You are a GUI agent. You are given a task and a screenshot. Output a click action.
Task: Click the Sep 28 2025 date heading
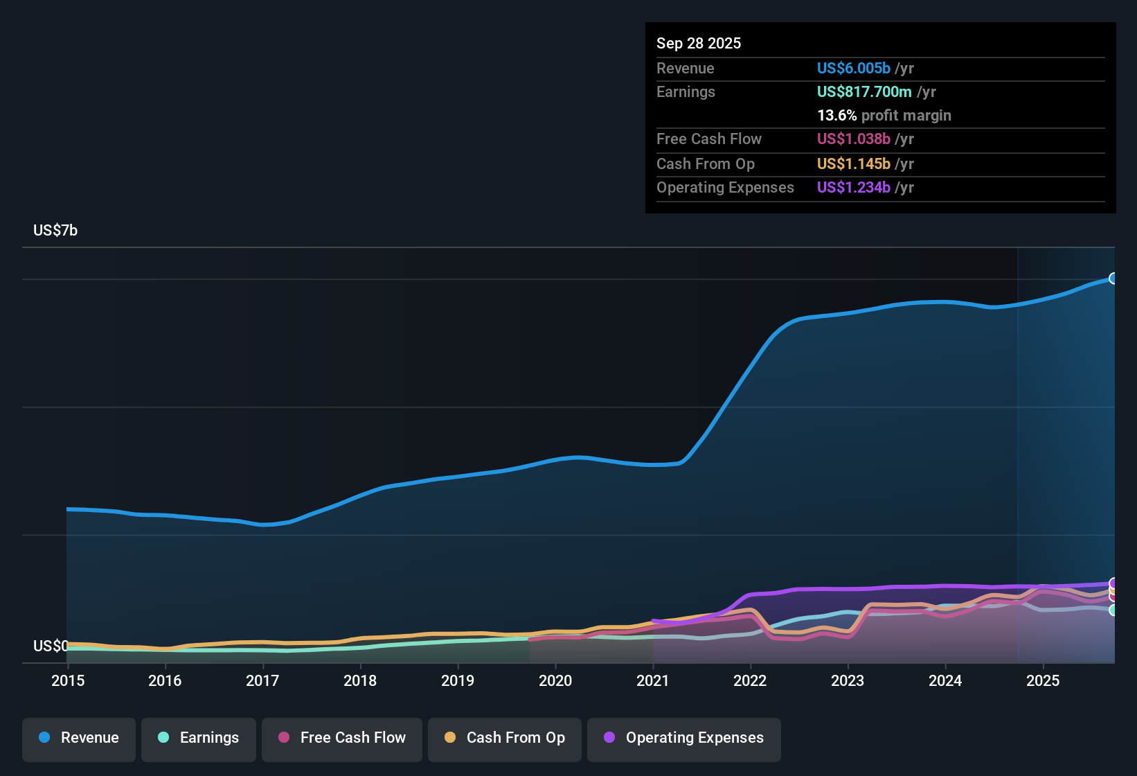coord(698,43)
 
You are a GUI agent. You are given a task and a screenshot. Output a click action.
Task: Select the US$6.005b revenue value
coord(853,68)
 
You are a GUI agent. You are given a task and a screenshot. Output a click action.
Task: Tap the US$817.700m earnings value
coord(863,91)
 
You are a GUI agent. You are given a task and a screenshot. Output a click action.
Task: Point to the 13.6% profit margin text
coord(884,115)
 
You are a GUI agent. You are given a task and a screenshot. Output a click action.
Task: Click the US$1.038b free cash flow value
coord(853,139)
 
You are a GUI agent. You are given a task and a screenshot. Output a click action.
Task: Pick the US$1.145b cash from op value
coord(853,164)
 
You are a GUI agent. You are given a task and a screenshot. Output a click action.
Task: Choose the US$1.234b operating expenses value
coord(853,187)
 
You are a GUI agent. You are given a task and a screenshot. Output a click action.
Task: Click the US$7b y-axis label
coord(55,230)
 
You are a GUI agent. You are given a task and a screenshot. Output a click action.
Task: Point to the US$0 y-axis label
coord(50,646)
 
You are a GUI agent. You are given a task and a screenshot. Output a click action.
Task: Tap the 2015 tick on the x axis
coord(68,680)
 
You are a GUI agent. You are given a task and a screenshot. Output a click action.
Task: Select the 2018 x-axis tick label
coord(360,680)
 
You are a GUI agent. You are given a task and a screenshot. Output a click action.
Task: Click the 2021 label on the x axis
coord(652,680)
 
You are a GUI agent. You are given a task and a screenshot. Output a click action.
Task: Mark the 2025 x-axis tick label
coord(1042,680)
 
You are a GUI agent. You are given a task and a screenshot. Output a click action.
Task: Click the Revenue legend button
coord(79,738)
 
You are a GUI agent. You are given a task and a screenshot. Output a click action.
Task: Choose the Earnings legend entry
coord(199,738)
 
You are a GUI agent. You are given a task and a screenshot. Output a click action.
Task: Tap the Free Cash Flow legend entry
coord(342,738)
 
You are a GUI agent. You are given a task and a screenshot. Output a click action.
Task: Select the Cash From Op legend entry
coord(505,738)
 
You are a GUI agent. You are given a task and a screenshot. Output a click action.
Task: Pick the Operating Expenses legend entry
coord(684,738)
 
